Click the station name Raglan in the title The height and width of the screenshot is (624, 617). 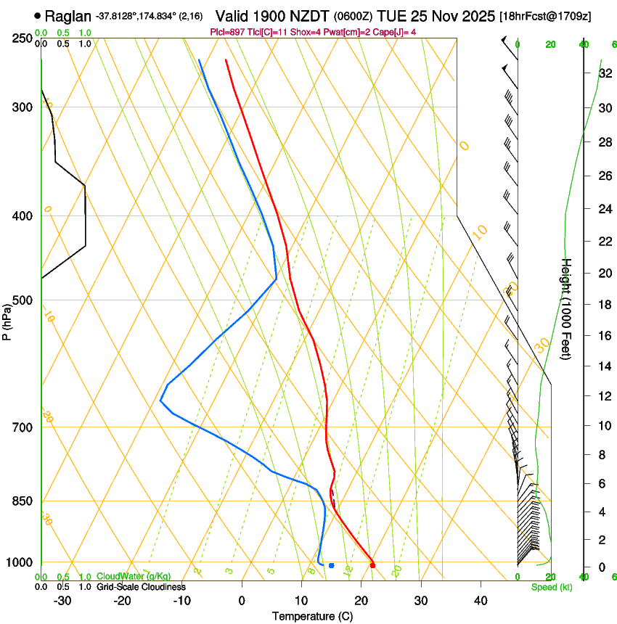(68, 15)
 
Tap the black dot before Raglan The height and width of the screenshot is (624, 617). (38, 15)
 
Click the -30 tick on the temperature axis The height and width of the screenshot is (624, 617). (62, 600)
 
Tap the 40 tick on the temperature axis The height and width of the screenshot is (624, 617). (480, 600)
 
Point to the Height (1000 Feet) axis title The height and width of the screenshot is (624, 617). (567, 309)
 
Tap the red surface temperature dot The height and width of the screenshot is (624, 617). (372, 565)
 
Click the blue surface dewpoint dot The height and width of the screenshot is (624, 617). (331, 565)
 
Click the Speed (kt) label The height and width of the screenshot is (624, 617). (551, 587)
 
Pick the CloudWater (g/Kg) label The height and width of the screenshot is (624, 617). (134, 577)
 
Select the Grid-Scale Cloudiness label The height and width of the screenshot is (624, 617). (141, 587)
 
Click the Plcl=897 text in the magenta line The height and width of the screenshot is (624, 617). (227, 32)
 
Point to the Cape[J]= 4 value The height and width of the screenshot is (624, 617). (396, 32)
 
